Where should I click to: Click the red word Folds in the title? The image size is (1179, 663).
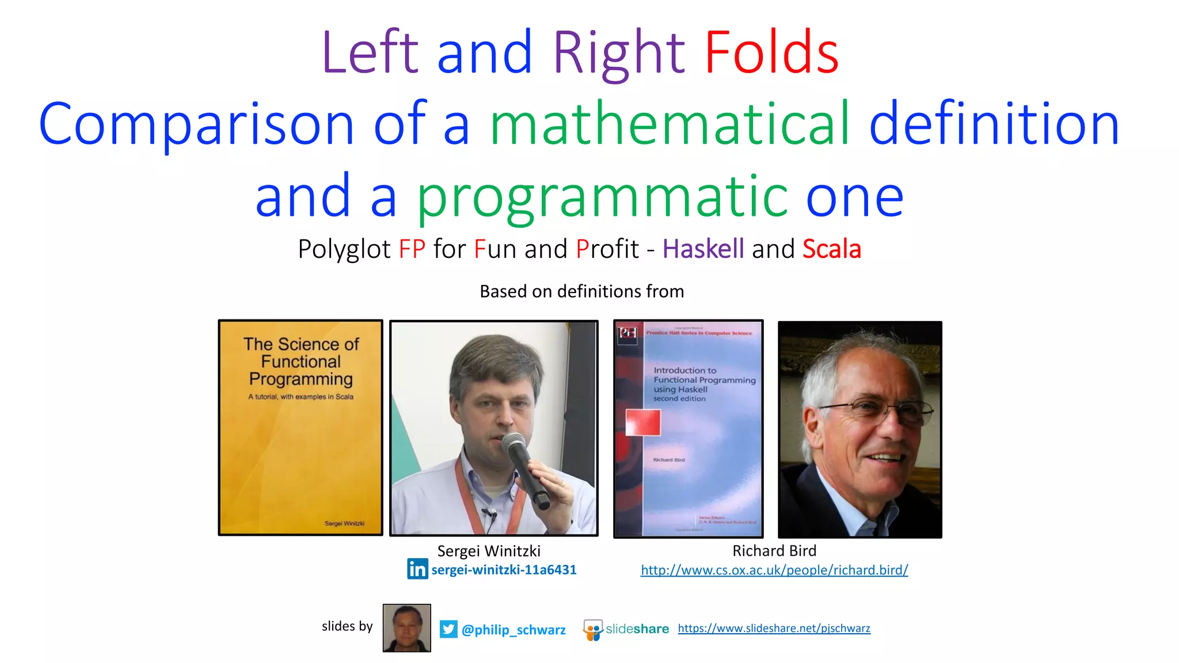[x=771, y=53]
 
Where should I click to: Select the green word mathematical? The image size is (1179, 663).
[x=669, y=124]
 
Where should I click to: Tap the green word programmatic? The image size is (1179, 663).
[x=602, y=197]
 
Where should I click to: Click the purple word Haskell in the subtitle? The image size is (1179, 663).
[x=703, y=249]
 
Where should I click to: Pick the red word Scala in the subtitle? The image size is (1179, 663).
[x=831, y=249]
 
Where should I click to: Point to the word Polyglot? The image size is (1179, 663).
[x=344, y=249]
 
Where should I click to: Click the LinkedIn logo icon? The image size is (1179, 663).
[x=417, y=569]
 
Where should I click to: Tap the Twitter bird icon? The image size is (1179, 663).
[x=448, y=629]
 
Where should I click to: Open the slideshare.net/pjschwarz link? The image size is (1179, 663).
[x=774, y=628]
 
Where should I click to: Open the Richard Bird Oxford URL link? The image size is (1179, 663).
[x=774, y=570]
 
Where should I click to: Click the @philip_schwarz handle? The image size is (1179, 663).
[x=514, y=630]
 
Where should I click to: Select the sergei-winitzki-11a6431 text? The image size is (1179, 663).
[x=504, y=570]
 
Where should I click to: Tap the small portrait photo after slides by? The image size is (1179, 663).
[x=406, y=628]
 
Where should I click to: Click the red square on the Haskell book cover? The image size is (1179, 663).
[x=643, y=422]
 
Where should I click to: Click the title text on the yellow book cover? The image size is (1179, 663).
[x=301, y=361]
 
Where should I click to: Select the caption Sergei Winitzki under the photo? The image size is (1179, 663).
[x=489, y=551]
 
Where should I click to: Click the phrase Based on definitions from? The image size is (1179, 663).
[x=581, y=291]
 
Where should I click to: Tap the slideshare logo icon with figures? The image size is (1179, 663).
[x=593, y=630]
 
